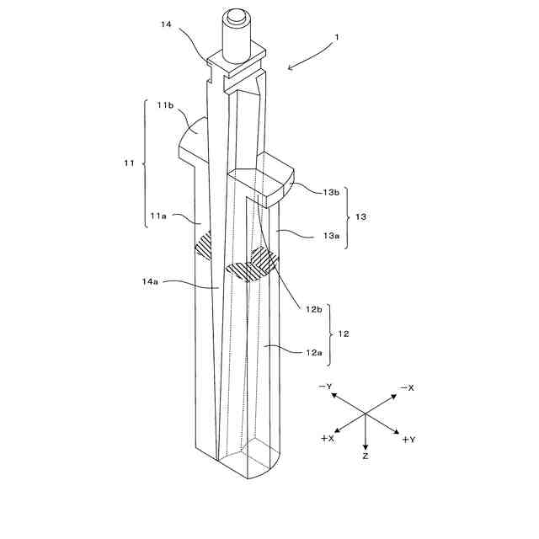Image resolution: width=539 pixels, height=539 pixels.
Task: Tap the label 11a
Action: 159,216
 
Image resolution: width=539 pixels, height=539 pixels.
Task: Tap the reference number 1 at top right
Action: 338,37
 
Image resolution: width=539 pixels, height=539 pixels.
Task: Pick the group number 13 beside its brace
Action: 360,216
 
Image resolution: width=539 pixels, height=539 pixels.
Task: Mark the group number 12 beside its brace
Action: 344,334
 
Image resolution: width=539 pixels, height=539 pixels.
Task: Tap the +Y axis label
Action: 408,439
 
